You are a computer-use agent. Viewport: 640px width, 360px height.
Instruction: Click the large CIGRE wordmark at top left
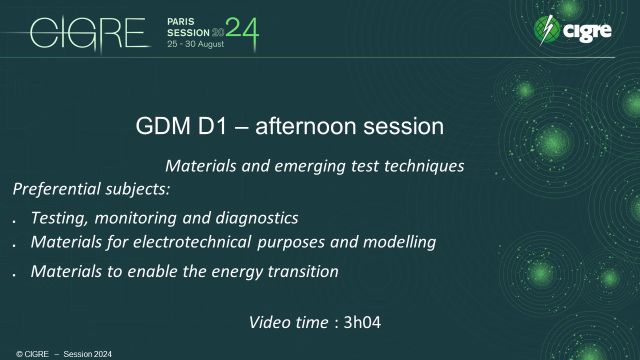click(x=89, y=34)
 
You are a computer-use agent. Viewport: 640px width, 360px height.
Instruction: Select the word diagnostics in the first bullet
click(x=257, y=217)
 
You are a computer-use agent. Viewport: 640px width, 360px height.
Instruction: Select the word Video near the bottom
click(x=271, y=322)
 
